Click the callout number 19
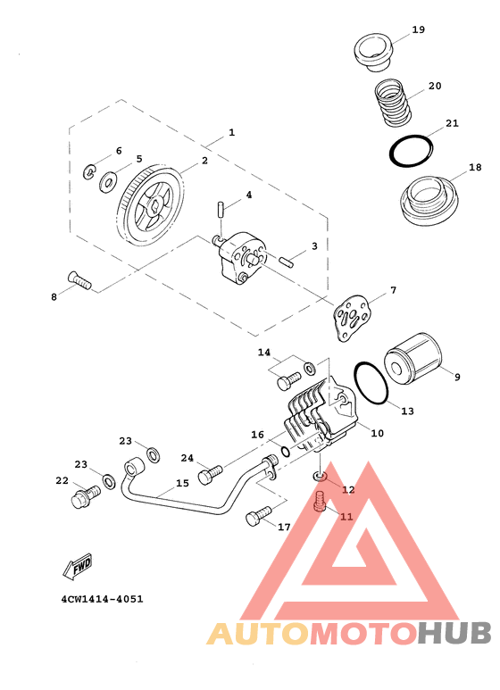(x=418, y=30)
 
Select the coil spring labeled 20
(x=393, y=103)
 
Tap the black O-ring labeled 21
(x=411, y=151)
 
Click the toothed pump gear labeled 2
(x=150, y=205)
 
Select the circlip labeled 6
(x=90, y=172)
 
